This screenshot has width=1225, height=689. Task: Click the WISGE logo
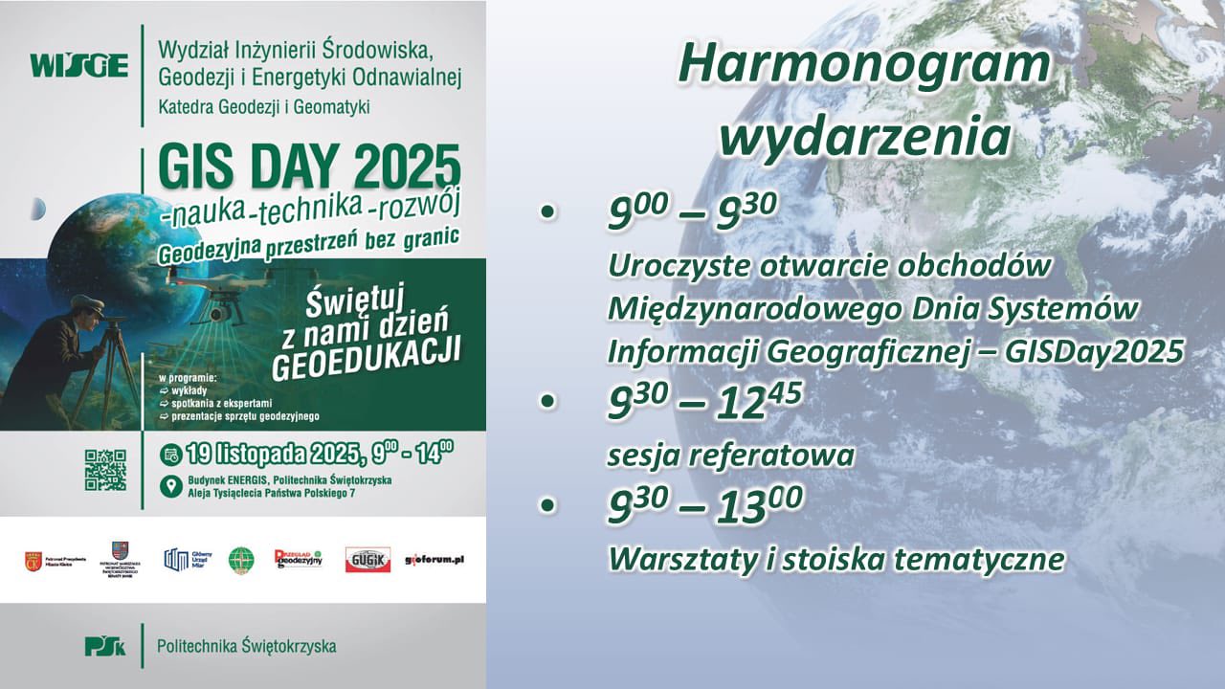tap(78, 66)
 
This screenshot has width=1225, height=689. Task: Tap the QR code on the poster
tap(105, 470)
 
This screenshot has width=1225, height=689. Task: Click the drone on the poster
tap(218, 288)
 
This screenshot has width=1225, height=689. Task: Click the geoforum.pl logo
tap(434, 559)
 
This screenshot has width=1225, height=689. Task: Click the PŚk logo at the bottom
tap(104, 646)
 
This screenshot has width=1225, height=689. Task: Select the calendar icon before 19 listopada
tap(171, 453)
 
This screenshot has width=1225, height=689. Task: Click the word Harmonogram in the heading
tap(864, 65)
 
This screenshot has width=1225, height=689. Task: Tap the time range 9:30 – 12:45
tap(705, 404)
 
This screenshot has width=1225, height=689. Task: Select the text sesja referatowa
tap(730, 455)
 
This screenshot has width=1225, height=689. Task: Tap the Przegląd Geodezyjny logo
tap(298, 559)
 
